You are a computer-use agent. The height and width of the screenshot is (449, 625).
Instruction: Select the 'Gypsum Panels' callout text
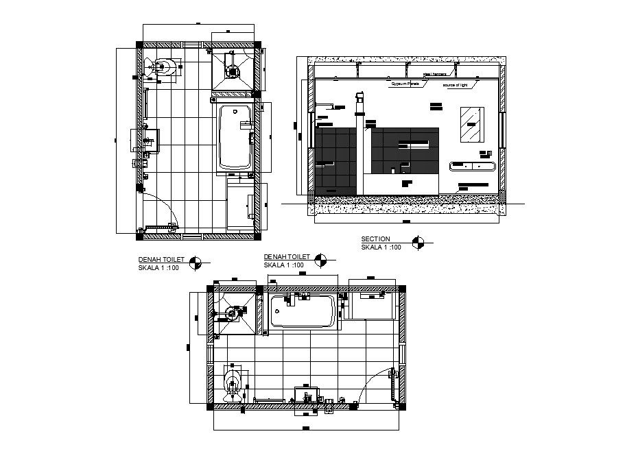405,83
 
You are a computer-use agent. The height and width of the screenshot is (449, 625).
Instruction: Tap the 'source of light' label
455,86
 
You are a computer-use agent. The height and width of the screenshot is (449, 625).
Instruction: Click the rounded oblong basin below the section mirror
471,165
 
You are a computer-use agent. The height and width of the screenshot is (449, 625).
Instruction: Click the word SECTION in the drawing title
376,239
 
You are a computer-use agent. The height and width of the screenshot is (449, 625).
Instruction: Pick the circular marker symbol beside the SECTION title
418,241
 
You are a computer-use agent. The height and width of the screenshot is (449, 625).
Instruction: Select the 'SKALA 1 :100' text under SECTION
381,247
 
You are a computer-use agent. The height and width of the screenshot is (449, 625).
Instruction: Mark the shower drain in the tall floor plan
233,70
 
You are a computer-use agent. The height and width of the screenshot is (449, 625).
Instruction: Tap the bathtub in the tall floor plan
235,137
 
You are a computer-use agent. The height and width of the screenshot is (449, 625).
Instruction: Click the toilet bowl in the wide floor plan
233,380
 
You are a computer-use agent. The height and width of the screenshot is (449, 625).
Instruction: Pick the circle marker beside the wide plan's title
321,259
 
